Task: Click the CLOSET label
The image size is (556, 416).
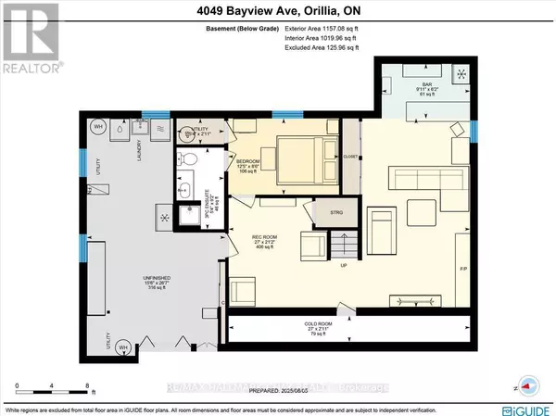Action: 350,156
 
